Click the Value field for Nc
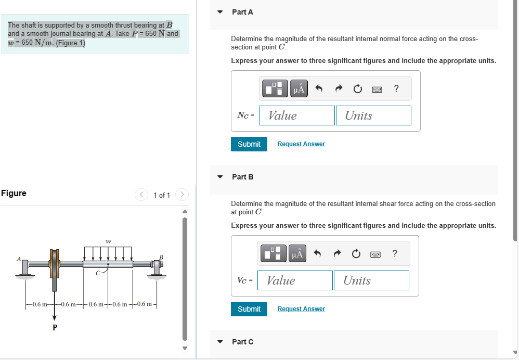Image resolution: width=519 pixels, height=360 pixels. tap(297, 115)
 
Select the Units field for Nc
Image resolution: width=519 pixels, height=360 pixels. tap(373, 115)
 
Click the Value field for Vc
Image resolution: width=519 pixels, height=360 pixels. tap(295, 280)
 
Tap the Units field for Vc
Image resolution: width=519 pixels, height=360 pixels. tap(371, 280)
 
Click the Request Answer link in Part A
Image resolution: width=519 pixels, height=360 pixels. tap(301, 144)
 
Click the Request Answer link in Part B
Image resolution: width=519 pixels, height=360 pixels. tap(301, 309)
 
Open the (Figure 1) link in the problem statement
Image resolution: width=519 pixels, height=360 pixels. tap(70, 43)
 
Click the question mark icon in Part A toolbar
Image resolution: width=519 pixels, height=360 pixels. tap(396, 89)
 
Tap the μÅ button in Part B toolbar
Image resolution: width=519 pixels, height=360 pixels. tap(297, 254)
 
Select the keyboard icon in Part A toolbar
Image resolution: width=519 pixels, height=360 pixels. tap(377, 89)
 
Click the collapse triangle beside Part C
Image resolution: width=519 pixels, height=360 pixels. tap(220, 342)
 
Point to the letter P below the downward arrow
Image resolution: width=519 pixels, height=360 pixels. tap(55, 328)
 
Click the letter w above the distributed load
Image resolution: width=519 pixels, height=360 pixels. tap(108, 241)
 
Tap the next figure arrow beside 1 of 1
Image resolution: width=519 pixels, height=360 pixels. tap(182, 195)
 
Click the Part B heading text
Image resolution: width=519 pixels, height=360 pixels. tap(243, 177)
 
